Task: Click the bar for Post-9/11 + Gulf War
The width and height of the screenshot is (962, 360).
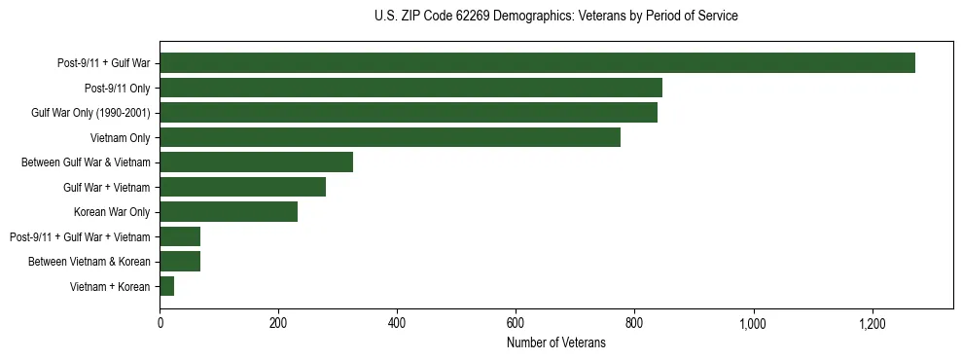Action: (537, 63)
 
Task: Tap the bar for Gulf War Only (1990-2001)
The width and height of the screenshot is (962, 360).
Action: (409, 113)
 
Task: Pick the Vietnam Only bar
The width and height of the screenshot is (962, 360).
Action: (390, 137)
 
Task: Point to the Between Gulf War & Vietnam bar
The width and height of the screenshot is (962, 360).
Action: (256, 162)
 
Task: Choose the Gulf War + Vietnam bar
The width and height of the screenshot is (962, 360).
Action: (242, 187)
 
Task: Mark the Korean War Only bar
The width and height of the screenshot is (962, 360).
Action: (229, 212)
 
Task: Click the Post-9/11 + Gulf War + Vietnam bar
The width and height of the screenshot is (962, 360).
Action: (180, 236)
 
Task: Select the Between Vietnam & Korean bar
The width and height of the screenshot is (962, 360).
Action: (180, 262)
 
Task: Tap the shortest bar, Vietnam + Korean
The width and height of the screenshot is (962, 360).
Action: (167, 286)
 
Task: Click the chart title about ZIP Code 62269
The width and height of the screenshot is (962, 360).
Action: (555, 17)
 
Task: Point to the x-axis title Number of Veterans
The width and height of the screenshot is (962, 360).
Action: (555, 343)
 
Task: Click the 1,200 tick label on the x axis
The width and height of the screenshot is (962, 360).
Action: (872, 324)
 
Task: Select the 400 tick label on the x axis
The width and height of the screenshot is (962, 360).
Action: (397, 324)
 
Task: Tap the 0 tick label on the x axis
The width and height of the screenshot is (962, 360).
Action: (160, 324)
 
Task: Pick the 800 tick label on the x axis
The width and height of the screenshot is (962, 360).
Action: (634, 324)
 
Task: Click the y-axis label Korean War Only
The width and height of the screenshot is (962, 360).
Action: (112, 212)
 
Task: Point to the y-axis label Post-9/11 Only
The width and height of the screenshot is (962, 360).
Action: (110, 88)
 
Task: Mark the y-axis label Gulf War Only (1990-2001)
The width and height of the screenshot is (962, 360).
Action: (90, 113)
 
